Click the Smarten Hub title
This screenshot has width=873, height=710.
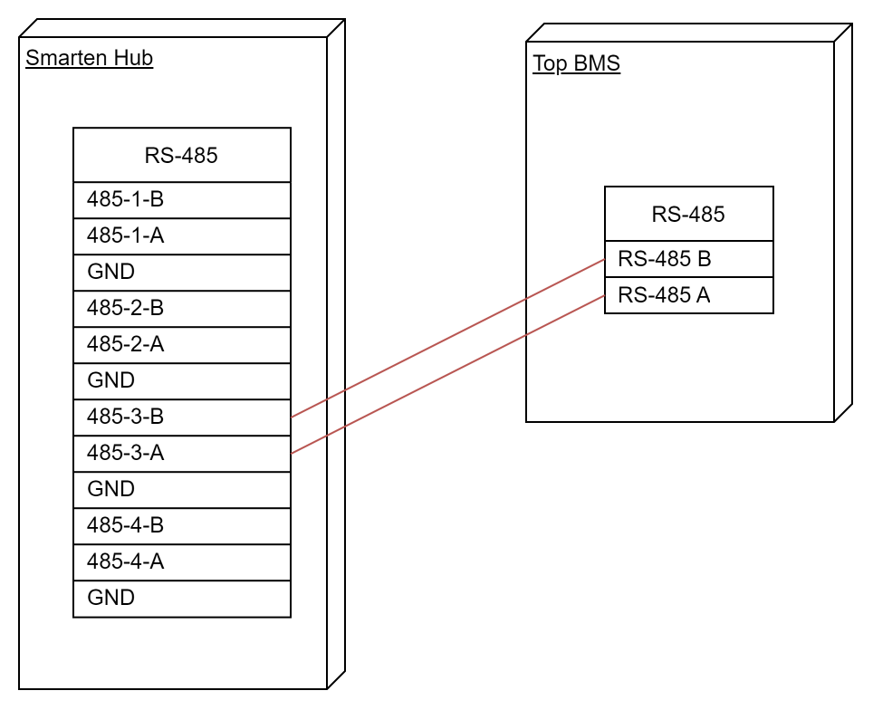pyautogui.click(x=89, y=58)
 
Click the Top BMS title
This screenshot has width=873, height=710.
pyautogui.click(x=576, y=63)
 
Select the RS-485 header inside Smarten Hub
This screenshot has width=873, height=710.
pyautogui.click(x=181, y=155)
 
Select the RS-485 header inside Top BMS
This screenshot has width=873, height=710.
pyautogui.click(x=689, y=214)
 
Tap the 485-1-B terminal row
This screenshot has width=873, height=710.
pyautogui.click(x=181, y=200)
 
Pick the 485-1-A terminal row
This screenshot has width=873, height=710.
pyautogui.click(x=181, y=236)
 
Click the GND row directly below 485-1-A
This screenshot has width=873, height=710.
pyautogui.click(x=181, y=273)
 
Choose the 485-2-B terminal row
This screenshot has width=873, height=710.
pyautogui.click(x=181, y=309)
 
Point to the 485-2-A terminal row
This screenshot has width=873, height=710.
pyautogui.click(x=181, y=345)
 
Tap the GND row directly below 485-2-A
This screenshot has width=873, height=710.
pyautogui.click(x=181, y=381)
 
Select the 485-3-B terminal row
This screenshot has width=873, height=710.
pyautogui.click(x=181, y=417)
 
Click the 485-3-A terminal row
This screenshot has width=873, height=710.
pyautogui.click(x=181, y=454)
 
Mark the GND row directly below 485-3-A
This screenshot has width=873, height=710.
pyautogui.click(x=181, y=489)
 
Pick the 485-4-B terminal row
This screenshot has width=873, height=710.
pyautogui.click(x=181, y=525)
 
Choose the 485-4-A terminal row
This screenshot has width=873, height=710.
pyautogui.click(x=181, y=561)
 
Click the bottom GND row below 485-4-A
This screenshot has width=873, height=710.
pyautogui.click(x=181, y=599)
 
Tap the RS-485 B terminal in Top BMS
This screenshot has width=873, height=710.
pyautogui.click(x=689, y=259)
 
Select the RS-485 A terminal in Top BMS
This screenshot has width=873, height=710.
pyautogui.click(x=689, y=295)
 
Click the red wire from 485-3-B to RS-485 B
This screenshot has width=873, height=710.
pyautogui.click(x=447, y=338)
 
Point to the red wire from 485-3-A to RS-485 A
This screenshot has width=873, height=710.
pyautogui.click(x=447, y=374)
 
